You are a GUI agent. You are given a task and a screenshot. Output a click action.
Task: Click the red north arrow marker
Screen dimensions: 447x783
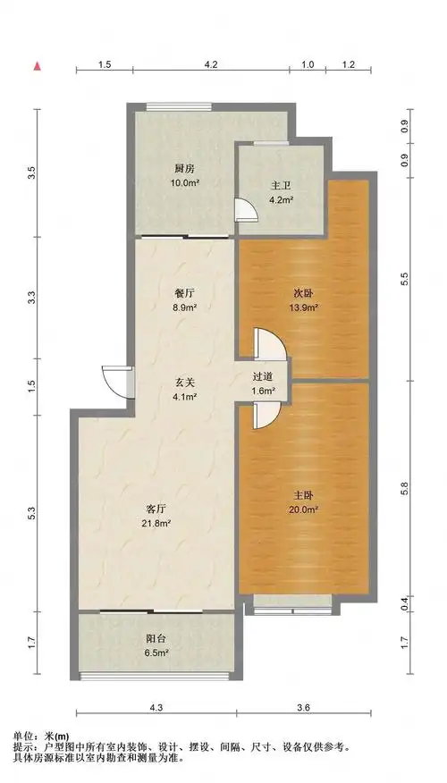tap(37, 66)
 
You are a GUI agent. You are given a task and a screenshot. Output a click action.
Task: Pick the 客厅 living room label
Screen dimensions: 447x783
tap(156, 509)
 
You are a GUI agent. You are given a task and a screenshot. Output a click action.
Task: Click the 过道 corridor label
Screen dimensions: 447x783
tap(263, 378)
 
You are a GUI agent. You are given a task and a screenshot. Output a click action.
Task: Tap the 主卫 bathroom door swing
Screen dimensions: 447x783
tap(246, 210)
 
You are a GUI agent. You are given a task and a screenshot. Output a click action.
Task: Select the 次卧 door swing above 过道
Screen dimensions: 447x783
tap(270, 343)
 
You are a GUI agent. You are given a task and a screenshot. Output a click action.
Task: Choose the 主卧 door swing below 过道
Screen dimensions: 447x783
tap(266, 416)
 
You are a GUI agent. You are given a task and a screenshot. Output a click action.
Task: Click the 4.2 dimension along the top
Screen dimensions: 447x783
tap(211, 64)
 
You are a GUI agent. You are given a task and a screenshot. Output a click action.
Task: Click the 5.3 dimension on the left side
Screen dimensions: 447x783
tap(31, 513)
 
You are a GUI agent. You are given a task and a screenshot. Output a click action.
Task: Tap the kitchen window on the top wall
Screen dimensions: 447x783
tap(179, 105)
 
